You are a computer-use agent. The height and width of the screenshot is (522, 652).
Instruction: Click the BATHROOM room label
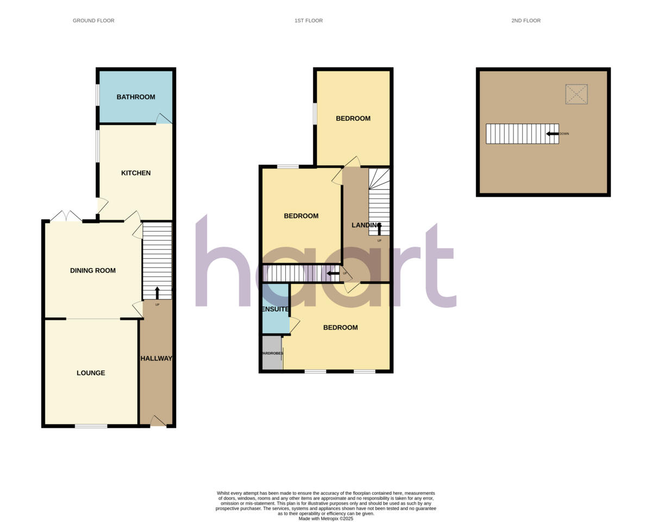coord(136,97)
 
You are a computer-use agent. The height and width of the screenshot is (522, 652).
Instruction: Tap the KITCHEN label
coord(136,173)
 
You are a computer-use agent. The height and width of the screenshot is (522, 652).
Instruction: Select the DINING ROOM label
coord(93,270)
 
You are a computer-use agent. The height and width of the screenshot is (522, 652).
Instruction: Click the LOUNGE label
coord(91,373)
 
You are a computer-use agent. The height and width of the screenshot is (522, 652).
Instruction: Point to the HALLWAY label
coord(156,359)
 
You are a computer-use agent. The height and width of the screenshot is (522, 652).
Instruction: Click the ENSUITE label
coord(275,309)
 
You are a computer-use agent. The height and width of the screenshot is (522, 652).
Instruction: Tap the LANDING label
coord(366,226)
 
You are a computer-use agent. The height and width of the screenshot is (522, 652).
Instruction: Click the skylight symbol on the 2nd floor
coord(576,94)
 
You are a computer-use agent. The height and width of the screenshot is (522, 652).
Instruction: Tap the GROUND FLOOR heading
coord(93,21)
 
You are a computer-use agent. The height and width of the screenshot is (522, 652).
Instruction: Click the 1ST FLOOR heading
coord(309,21)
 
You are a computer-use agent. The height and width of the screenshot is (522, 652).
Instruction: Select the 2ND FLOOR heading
coord(526,21)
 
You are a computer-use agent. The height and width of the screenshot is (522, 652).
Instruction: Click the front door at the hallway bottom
coord(158,421)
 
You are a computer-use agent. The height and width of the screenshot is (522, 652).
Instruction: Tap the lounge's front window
coord(91,426)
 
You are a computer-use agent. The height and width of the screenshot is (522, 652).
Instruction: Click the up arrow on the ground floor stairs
coord(157,293)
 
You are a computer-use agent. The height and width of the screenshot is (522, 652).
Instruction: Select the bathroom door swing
coord(164,119)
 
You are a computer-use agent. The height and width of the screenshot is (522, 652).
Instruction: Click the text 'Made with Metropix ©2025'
coord(326,519)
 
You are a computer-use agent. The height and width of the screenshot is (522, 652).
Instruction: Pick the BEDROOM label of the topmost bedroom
coord(353,119)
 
